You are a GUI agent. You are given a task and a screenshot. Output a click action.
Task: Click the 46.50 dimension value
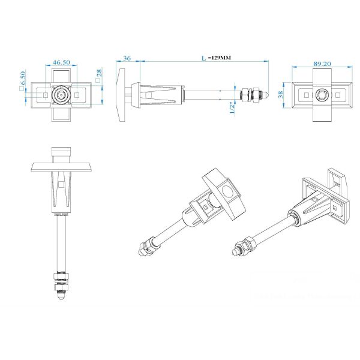point(61,62)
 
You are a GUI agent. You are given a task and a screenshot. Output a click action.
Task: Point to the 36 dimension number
point(127,58)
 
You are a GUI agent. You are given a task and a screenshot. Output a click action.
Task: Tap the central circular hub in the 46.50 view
point(61,95)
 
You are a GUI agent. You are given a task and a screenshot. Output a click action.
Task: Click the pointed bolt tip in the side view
point(270,94)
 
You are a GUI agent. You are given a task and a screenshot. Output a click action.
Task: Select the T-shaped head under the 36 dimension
point(122,94)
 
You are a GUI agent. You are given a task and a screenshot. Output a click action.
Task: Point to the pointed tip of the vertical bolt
point(62,296)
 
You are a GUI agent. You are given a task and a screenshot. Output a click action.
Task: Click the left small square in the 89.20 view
point(307,95)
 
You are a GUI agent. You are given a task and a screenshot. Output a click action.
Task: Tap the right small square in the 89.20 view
point(338,95)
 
